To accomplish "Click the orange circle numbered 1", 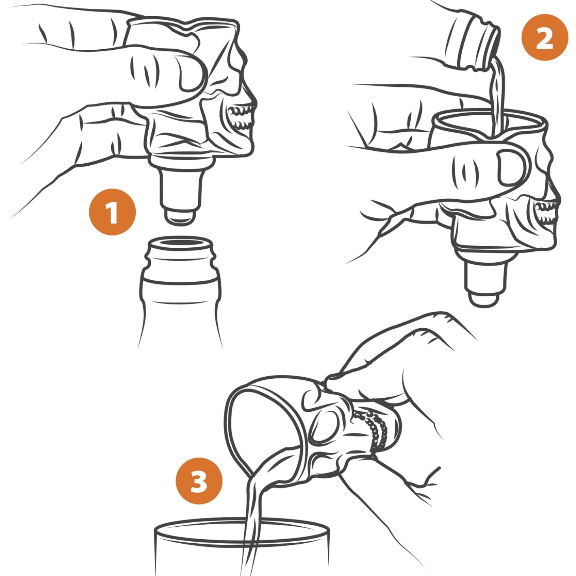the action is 112,213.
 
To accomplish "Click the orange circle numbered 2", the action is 544,37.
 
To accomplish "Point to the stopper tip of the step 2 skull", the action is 484,299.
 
